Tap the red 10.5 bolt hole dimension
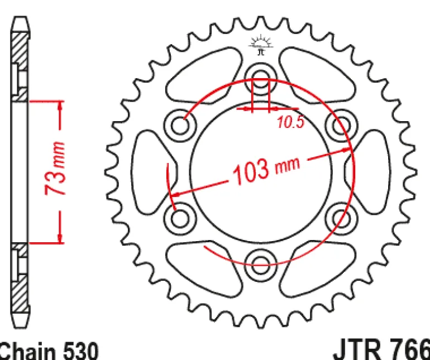[291, 122]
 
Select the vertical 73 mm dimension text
[55, 168]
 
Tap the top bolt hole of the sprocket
[261, 79]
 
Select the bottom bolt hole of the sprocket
[261, 266]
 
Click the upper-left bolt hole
[180, 126]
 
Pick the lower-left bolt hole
[180, 219]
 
